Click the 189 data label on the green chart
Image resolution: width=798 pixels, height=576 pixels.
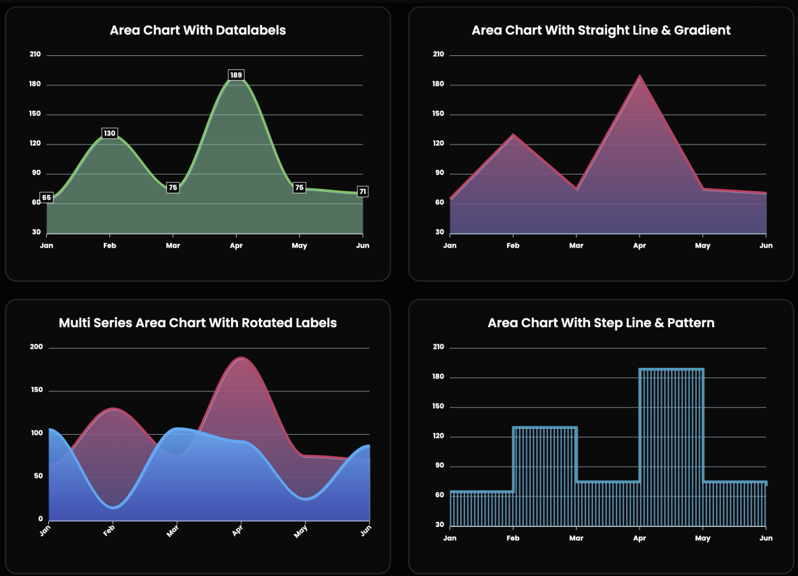(236, 75)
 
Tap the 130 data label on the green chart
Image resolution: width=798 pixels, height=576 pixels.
(109, 134)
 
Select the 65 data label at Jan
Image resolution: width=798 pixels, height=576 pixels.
(46, 197)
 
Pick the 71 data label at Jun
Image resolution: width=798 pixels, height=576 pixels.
(362, 192)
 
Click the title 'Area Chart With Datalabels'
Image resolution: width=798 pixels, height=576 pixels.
(197, 30)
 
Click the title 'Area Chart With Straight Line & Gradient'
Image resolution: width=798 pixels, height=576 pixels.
(601, 30)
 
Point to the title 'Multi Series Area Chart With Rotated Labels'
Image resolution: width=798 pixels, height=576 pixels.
(197, 323)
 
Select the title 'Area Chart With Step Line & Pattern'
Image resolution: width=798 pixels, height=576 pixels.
(601, 323)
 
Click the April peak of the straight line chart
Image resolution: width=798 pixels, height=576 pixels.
(640, 76)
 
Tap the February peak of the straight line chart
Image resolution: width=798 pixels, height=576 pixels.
(513, 135)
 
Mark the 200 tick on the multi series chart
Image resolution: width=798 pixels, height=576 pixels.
(36, 348)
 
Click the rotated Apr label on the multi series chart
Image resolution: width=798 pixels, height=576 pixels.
(237, 530)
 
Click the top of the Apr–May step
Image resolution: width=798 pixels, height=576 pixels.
(671, 369)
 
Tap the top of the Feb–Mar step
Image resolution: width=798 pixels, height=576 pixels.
(545, 427)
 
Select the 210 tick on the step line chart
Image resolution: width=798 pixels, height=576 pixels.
(438, 348)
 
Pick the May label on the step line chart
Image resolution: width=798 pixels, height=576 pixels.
(703, 538)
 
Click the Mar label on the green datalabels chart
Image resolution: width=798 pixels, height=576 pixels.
(172, 245)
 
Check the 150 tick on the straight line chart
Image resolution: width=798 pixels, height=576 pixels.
(438, 114)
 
